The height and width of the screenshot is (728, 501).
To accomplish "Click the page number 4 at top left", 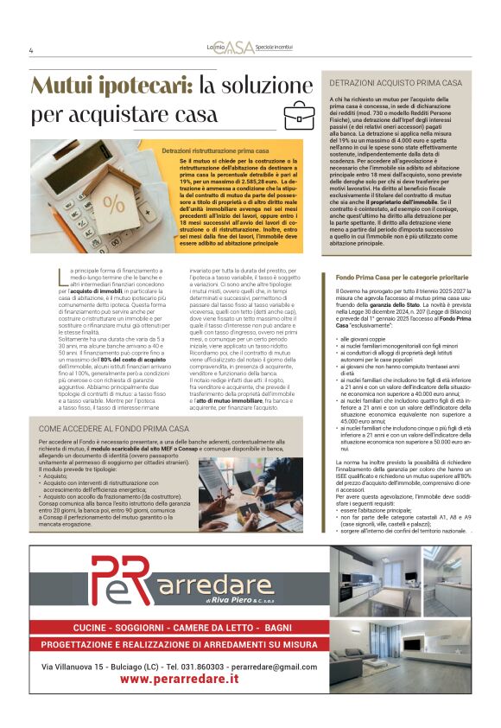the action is pyautogui.click(x=31, y=50).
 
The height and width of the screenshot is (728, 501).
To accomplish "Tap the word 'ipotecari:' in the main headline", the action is pyautogui.click(x=143, y=86).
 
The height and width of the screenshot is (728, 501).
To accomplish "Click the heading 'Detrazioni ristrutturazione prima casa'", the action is pyautogui.click(x=215, y=150).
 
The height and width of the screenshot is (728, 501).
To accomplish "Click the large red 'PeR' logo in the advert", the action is pyautogui.click(x=125, y=584).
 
